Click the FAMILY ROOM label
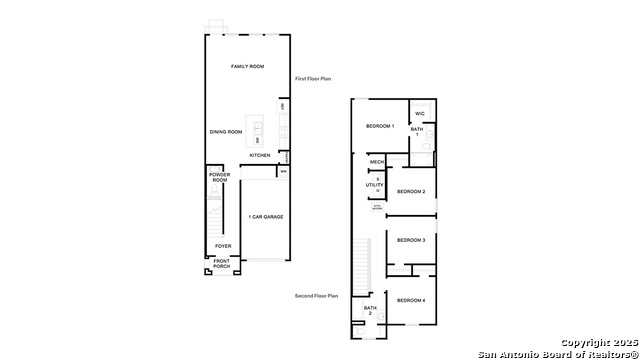point(248,66)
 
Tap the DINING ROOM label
point(226,132)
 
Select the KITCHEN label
point(260,155)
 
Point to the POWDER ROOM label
point(219,177)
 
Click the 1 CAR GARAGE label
point(265,216)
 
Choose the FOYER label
point(223,246)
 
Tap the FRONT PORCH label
point(221,265)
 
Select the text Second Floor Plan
point(317,296)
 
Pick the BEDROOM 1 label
point(380,126)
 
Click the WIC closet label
point(421,113)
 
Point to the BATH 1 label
point(417,131)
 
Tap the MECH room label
point(377,162)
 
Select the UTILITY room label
point(375,185)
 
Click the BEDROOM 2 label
point(411,191)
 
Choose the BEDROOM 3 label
point(411,240)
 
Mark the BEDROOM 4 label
point(411,301)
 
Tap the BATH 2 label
point(369,311)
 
